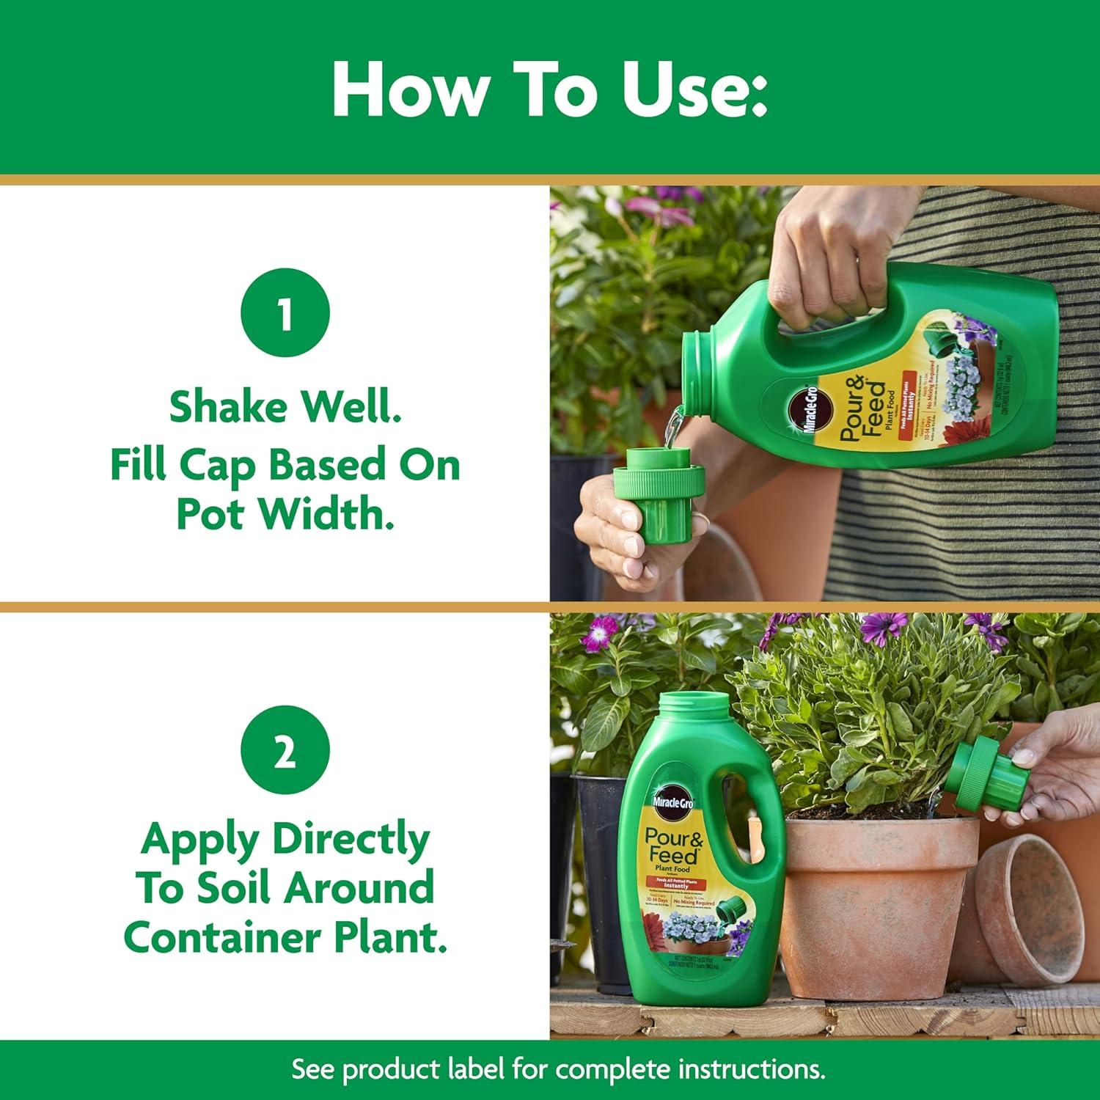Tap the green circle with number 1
pos(285,314)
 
